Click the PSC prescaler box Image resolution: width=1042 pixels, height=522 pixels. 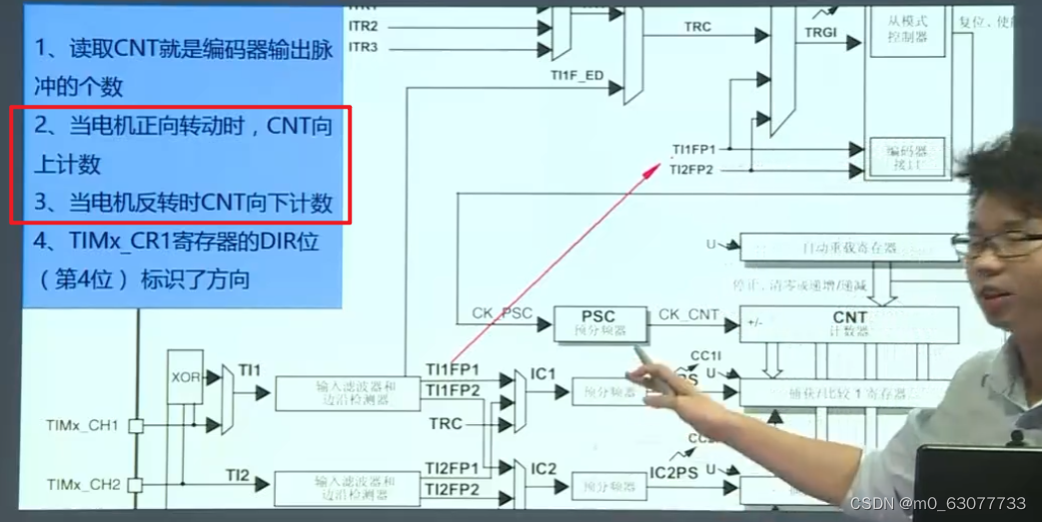pyautogui.click(x=599, y=322)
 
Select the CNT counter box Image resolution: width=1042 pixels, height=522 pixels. pyautogui.click(x=848, y=323)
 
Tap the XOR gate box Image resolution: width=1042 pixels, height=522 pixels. pyautogui.click(x=185, y=376)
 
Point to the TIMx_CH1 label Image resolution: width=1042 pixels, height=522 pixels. pyautogui.click(x=82, y=426)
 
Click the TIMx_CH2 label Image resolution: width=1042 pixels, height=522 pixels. pyautogui.click(x=82, y=485)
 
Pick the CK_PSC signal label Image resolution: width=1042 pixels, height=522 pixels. pyautogui.click(x=502, y=313)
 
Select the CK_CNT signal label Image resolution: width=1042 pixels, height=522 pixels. pyautogui.click(x=688, y=314)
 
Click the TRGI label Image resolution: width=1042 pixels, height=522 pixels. pyautogui.click(x=820, y=33)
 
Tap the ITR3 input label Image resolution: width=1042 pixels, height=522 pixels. pyautogui.click(x=363, y=47)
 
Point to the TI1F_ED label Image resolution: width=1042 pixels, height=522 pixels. pyautogui.click(x=576, y=75)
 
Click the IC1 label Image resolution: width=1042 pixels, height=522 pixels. pyautogui.click(x=542, y=374)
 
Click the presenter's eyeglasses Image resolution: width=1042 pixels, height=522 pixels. pyautogui.click(x=989, y=243)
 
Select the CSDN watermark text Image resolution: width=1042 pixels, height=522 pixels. pyautogui.click(x=937, y=503)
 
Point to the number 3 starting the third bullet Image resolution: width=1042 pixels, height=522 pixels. pyautogui.click(x=41, y=203)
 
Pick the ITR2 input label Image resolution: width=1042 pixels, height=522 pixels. pyautogui.click(x=363, y=26)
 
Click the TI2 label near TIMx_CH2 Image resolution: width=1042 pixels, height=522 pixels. pyautogui.click(x=237, y=475)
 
